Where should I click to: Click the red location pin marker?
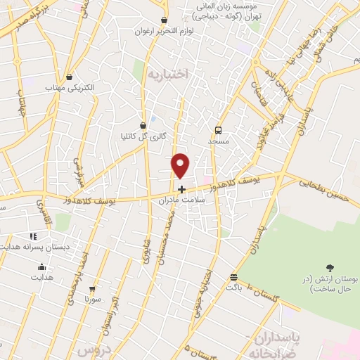coord(181,166)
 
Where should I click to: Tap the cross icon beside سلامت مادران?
coord(181,188)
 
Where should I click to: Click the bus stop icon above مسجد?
coord(218,130)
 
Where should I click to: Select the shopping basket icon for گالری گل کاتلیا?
coord(143,125)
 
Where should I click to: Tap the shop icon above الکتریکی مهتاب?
coord(70,77)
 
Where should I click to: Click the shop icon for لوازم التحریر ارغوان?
coord(164,20)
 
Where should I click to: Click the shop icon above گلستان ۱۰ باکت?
coord(233,276)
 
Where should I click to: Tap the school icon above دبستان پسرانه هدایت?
coord(32,236)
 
